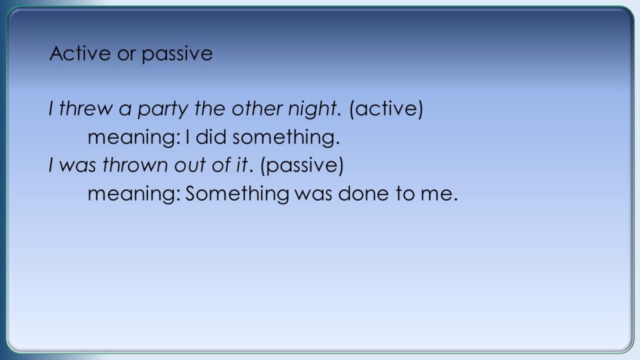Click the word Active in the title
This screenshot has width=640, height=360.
click(x=80, y=54)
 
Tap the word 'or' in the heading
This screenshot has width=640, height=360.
click(x=126, y=55)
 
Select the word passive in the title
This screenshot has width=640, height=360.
click(x=177, y=55)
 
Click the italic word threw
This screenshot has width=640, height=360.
click(x=86, y=109)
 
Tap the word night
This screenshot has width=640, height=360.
click(x=314, y=109)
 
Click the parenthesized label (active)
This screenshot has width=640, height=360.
click(x=386, y=109)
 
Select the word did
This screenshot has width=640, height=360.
click(x=211, y=137)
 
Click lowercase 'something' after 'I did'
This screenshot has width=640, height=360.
click(x=286, y=138)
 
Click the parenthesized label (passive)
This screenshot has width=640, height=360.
click(x=302, y=165)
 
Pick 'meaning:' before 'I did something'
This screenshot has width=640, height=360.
click(x=134, y=138)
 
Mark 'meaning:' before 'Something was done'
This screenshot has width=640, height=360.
click(x=134, y=194)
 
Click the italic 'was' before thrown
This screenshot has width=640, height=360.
click(x=77, y=166)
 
